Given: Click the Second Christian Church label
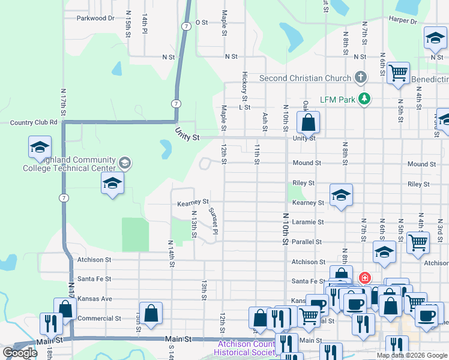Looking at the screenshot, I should tap(305, 78).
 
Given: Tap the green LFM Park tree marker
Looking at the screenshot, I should tap(363, 98).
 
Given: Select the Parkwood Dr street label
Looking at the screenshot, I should tap(95, 18).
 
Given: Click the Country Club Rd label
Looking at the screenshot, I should tap(33, 122).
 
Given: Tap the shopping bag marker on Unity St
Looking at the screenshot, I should tap(307, 123).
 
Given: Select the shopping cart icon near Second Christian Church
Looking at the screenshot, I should tap(398, 73).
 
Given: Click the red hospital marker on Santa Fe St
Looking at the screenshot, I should tap(364, 278).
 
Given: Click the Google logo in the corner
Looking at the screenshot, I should tap(20, 353).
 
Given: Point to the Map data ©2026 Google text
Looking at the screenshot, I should tap(412, 355).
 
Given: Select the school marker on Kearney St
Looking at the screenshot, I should tap(341, 195).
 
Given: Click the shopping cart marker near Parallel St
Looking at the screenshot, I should tap(418, 243).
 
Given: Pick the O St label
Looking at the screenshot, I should tap(201, 22).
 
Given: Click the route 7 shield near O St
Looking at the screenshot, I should tap(187, 26).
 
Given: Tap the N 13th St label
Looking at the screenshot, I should tap(194, 223).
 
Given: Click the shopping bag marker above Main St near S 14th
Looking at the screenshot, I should tap(151, 313).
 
